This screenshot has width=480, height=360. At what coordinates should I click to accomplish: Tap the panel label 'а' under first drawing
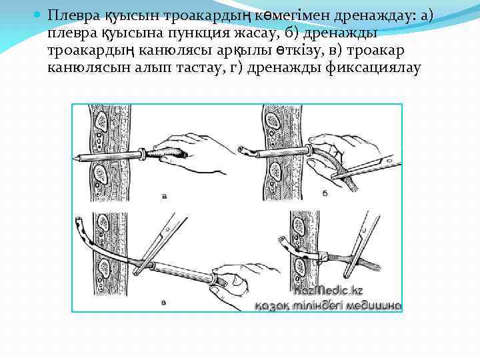pos(165,197)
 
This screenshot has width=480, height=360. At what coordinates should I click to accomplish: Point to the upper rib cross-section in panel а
pos(102,121)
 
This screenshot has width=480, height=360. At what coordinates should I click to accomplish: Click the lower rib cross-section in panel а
pos(102,175)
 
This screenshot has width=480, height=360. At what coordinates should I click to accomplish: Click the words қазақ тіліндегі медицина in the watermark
pos(329,306)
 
